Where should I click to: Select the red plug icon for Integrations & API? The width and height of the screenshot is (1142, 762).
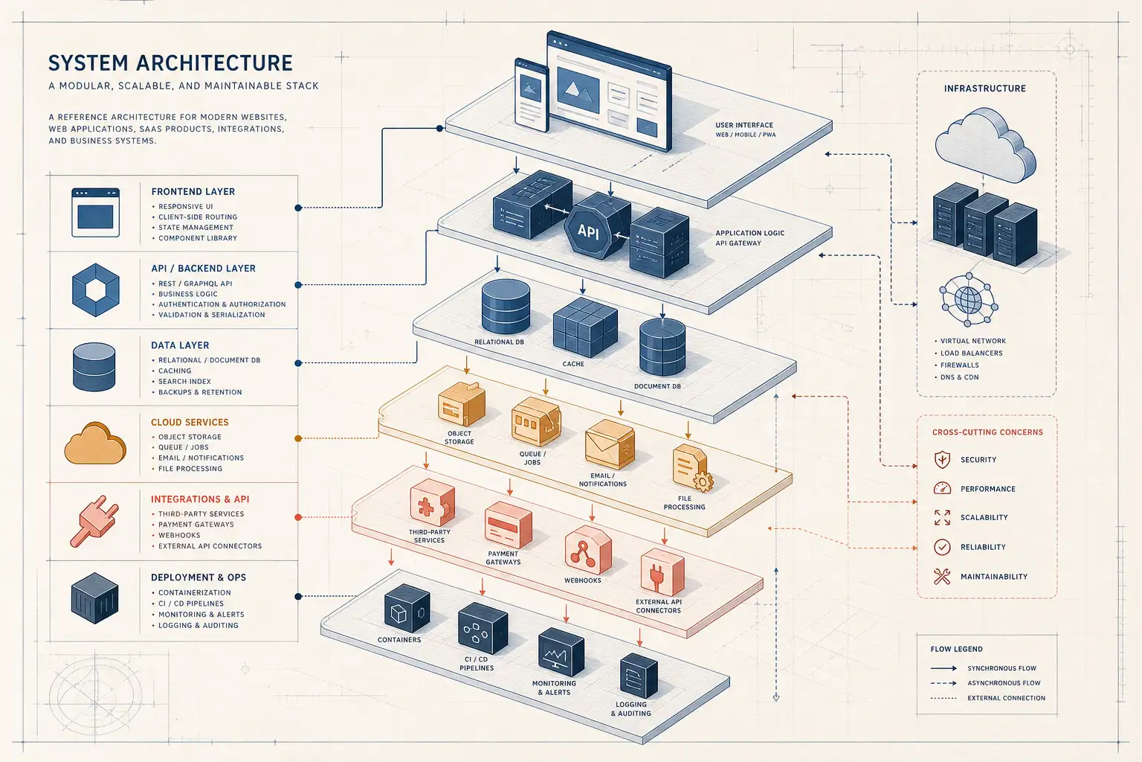point(94,521)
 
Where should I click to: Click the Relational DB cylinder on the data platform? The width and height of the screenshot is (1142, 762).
point(506,307)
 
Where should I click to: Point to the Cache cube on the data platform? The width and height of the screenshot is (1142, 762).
point(585,327)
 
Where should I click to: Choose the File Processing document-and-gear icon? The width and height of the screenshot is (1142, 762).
point(692,468)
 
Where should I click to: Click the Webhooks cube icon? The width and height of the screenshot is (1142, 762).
point(588,550)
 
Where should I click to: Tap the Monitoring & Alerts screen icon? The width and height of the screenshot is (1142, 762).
point(561,653)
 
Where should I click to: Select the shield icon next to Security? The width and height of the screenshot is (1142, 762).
point(942,459)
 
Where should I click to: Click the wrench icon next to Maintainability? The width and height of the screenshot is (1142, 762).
point(942,576)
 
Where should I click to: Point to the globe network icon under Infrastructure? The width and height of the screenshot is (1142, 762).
point(969,300)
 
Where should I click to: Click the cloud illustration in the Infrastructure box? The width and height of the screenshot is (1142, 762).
point(985,144)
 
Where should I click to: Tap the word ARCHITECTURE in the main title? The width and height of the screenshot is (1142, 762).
point(214,63)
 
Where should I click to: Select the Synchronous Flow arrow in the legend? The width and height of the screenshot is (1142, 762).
point(943,668)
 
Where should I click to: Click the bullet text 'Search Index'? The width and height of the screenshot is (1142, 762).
point(184,381)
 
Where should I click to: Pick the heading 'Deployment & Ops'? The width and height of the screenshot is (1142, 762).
point(199,577)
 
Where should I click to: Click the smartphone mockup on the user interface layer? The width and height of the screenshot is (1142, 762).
point(532,95)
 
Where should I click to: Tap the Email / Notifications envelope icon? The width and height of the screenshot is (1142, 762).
point(610,444)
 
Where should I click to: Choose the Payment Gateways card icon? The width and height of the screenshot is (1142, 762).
point(509,524)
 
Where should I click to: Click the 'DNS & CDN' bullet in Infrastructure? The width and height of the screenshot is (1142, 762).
point(960,377)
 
